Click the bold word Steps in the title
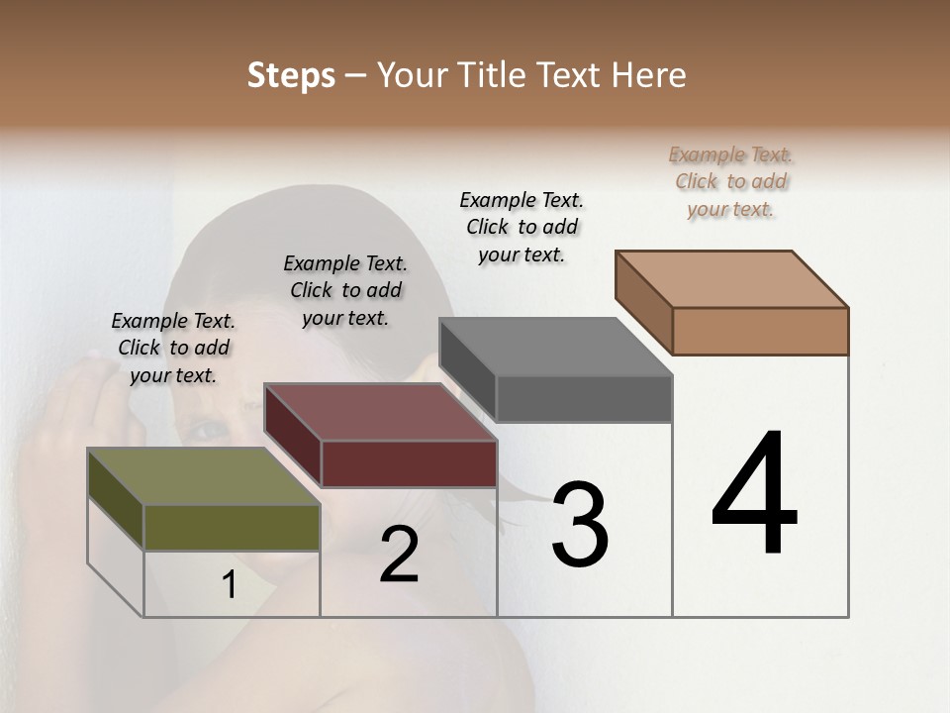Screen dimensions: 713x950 point(291,75)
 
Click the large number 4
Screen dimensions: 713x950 point(754,494)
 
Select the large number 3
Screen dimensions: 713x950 point(580,524)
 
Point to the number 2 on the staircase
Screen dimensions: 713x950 point(399,555)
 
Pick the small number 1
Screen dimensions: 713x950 point(230,585)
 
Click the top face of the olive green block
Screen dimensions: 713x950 point(203,476)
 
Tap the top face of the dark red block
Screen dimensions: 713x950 point(379,412)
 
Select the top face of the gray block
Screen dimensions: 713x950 point(555,347)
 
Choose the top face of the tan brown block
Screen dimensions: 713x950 point(731,279)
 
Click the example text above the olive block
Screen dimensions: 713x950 point(173,349)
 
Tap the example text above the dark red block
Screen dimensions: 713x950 point(345,290)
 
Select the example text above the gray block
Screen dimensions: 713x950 point(522,227)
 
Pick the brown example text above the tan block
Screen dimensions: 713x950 point(730,181)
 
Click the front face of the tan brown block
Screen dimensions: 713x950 point(760,331)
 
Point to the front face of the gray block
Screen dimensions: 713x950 point(584,399)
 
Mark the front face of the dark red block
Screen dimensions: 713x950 point(409,463)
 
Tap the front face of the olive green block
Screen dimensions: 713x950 point(232,527)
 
